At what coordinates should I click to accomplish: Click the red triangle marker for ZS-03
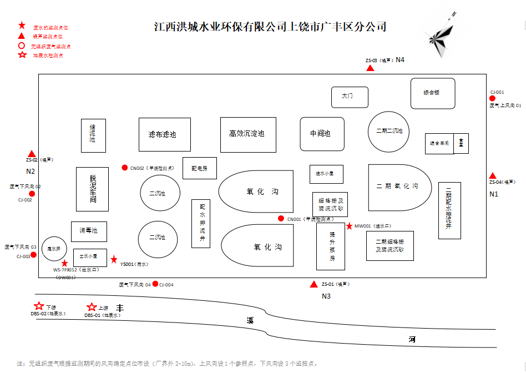(370, 68)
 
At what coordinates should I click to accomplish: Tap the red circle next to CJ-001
(492, 99)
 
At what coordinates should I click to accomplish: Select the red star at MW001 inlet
(349, 226)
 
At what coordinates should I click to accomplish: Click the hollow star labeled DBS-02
(39, 306)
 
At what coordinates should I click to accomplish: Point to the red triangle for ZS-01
(314, 284)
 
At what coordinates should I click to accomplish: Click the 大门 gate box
(350, 97)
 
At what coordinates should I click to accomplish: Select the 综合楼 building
(433, 93)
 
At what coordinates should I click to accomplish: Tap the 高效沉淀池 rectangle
(248, 134)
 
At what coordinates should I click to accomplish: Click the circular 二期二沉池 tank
(389, 132)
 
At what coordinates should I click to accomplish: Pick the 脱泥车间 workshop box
(92, 189)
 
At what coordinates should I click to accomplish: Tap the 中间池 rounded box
(322, 134)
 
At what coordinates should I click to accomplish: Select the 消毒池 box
(89, 231)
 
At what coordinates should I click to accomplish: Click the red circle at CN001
(281, 218)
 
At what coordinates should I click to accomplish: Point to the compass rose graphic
(441, 38)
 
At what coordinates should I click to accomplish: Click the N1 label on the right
(493, 194)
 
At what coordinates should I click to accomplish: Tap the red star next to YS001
(114, 259)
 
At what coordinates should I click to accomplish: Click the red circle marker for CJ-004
(155, 284)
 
